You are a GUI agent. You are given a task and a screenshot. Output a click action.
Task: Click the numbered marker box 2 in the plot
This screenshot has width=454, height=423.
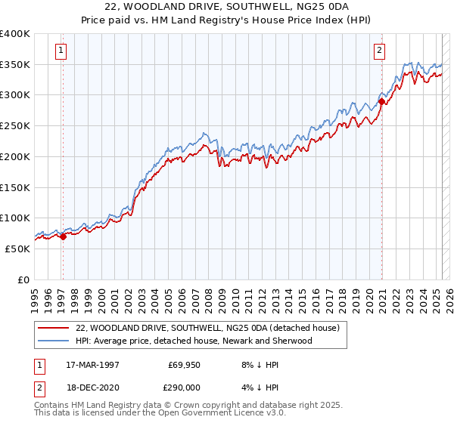[x=379, y=51]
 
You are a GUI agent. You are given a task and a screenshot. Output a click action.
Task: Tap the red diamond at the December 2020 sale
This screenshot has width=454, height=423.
[x=382, y=101]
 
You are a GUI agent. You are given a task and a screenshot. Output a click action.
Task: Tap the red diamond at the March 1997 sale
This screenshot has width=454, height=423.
[x=63, y=236]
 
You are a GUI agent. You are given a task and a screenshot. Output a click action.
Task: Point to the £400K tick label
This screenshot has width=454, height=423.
[x=15, y=34]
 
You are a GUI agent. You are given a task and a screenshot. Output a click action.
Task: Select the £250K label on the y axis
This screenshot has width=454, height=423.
[x=15, y=126]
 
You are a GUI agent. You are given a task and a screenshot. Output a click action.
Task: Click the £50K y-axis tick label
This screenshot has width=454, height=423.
[x=18, y=249]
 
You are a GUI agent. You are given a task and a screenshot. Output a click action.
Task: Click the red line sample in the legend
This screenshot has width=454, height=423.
[x=54, y=328]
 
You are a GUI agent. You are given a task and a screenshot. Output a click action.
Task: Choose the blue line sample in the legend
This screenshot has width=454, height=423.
[x=54, y=341]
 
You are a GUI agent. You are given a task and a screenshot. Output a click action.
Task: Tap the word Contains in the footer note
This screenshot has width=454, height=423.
[x=52, y=406]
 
